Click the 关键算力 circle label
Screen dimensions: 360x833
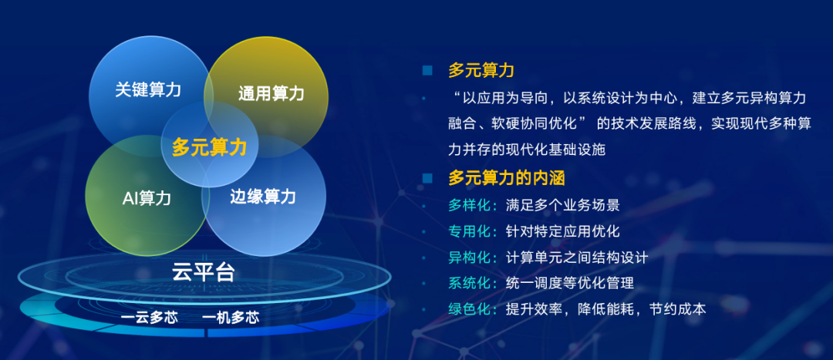[148, 89]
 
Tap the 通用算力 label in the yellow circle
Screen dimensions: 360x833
[271, 93]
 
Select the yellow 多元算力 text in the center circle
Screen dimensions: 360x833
[209, 147]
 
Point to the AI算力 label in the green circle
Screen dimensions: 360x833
[147, 198]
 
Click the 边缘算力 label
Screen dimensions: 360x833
[262, 196]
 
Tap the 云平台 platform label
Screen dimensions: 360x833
[204, 271]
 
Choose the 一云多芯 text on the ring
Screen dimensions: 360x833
[150, 318]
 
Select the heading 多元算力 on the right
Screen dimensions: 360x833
[481, 71]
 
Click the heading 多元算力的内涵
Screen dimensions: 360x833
[507, 178]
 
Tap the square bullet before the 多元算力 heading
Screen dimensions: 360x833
[427, 71]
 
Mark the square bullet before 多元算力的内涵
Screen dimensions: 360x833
[427, 178]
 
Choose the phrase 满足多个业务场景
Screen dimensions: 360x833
[562, 205]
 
